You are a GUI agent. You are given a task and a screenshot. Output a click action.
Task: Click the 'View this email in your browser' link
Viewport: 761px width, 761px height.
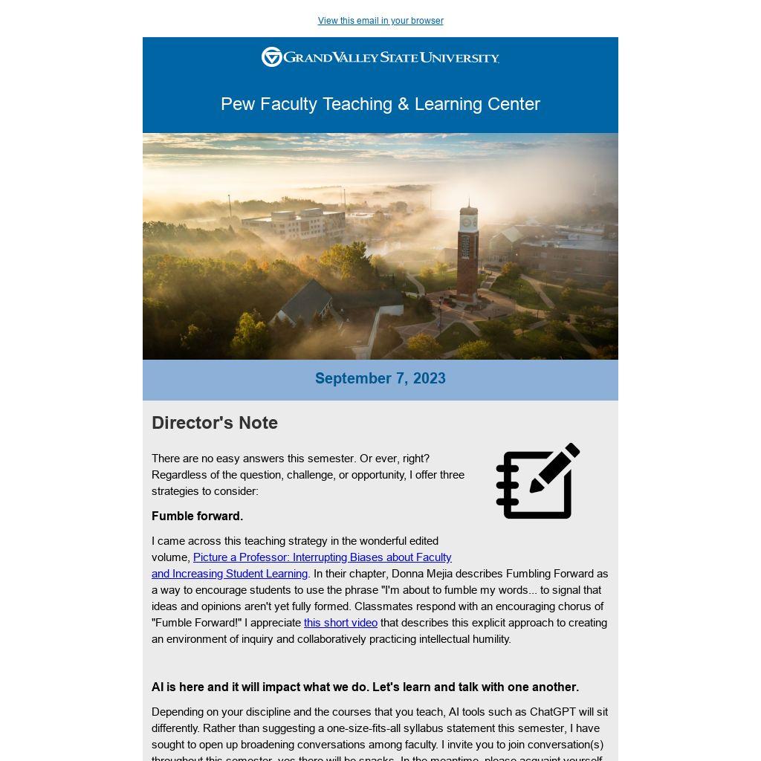pos(380,21)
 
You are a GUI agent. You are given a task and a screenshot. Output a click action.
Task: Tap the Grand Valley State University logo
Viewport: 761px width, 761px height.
pos(380,57)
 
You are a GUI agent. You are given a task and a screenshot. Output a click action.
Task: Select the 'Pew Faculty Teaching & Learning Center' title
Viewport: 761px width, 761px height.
pos(380,104)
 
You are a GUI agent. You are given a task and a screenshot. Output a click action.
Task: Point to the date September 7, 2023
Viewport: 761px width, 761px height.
pos(380,378)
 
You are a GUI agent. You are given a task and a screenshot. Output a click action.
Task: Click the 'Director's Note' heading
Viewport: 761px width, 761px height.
pos(215,423)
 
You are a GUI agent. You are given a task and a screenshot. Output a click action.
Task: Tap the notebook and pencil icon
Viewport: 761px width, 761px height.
pos(537,482)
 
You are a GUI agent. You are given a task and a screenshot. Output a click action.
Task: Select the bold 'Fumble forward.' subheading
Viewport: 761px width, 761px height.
pos(197,516)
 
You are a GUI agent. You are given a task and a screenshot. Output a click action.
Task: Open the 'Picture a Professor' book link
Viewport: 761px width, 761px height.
pos(322,557)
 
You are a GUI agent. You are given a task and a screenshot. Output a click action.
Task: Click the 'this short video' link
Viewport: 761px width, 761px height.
pos(340,623)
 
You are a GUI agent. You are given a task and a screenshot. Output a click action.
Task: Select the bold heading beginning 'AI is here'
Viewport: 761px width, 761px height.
pos(365,687)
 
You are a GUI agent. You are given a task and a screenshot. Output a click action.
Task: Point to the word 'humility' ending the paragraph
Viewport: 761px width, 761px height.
pos(488,639)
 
